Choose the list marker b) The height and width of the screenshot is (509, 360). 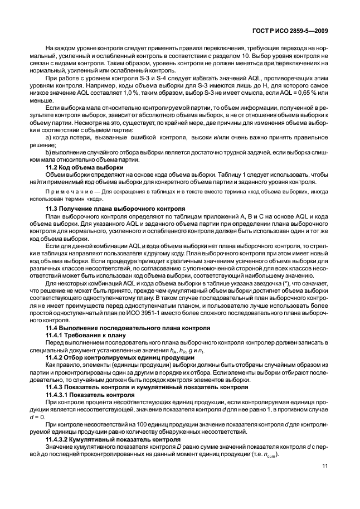pos(48,152)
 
